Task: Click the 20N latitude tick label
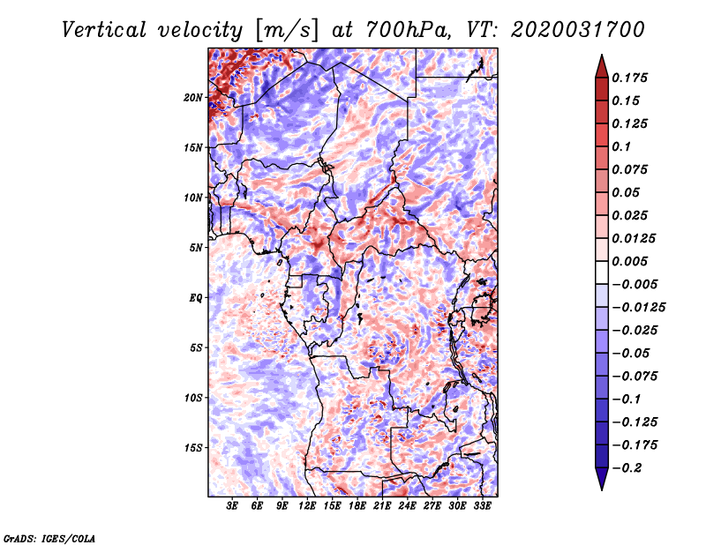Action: pos(193,98)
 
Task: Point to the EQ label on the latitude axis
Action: pos(196,298)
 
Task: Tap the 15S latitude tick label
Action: pos(193,448)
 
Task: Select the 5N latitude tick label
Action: pos(196,248)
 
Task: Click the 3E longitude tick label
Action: pos(232,506)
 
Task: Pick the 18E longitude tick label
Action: pos(357,506)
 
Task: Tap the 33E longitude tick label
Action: pos(482,506)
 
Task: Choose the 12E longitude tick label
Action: pos(307,506)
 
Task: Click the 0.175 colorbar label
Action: pos(629,78)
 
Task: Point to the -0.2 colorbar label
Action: pos(627,468)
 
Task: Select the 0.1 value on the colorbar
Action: pos(621,146)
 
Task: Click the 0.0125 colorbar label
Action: pos(634,238)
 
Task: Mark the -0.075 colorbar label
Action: pos(635,377)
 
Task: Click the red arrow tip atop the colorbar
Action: pos(602,55)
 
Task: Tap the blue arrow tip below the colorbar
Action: pos(602,489)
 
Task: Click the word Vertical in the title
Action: pos(103,30)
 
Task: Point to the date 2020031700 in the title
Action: pos(578,30)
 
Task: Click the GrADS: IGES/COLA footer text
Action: pos(49,539)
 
